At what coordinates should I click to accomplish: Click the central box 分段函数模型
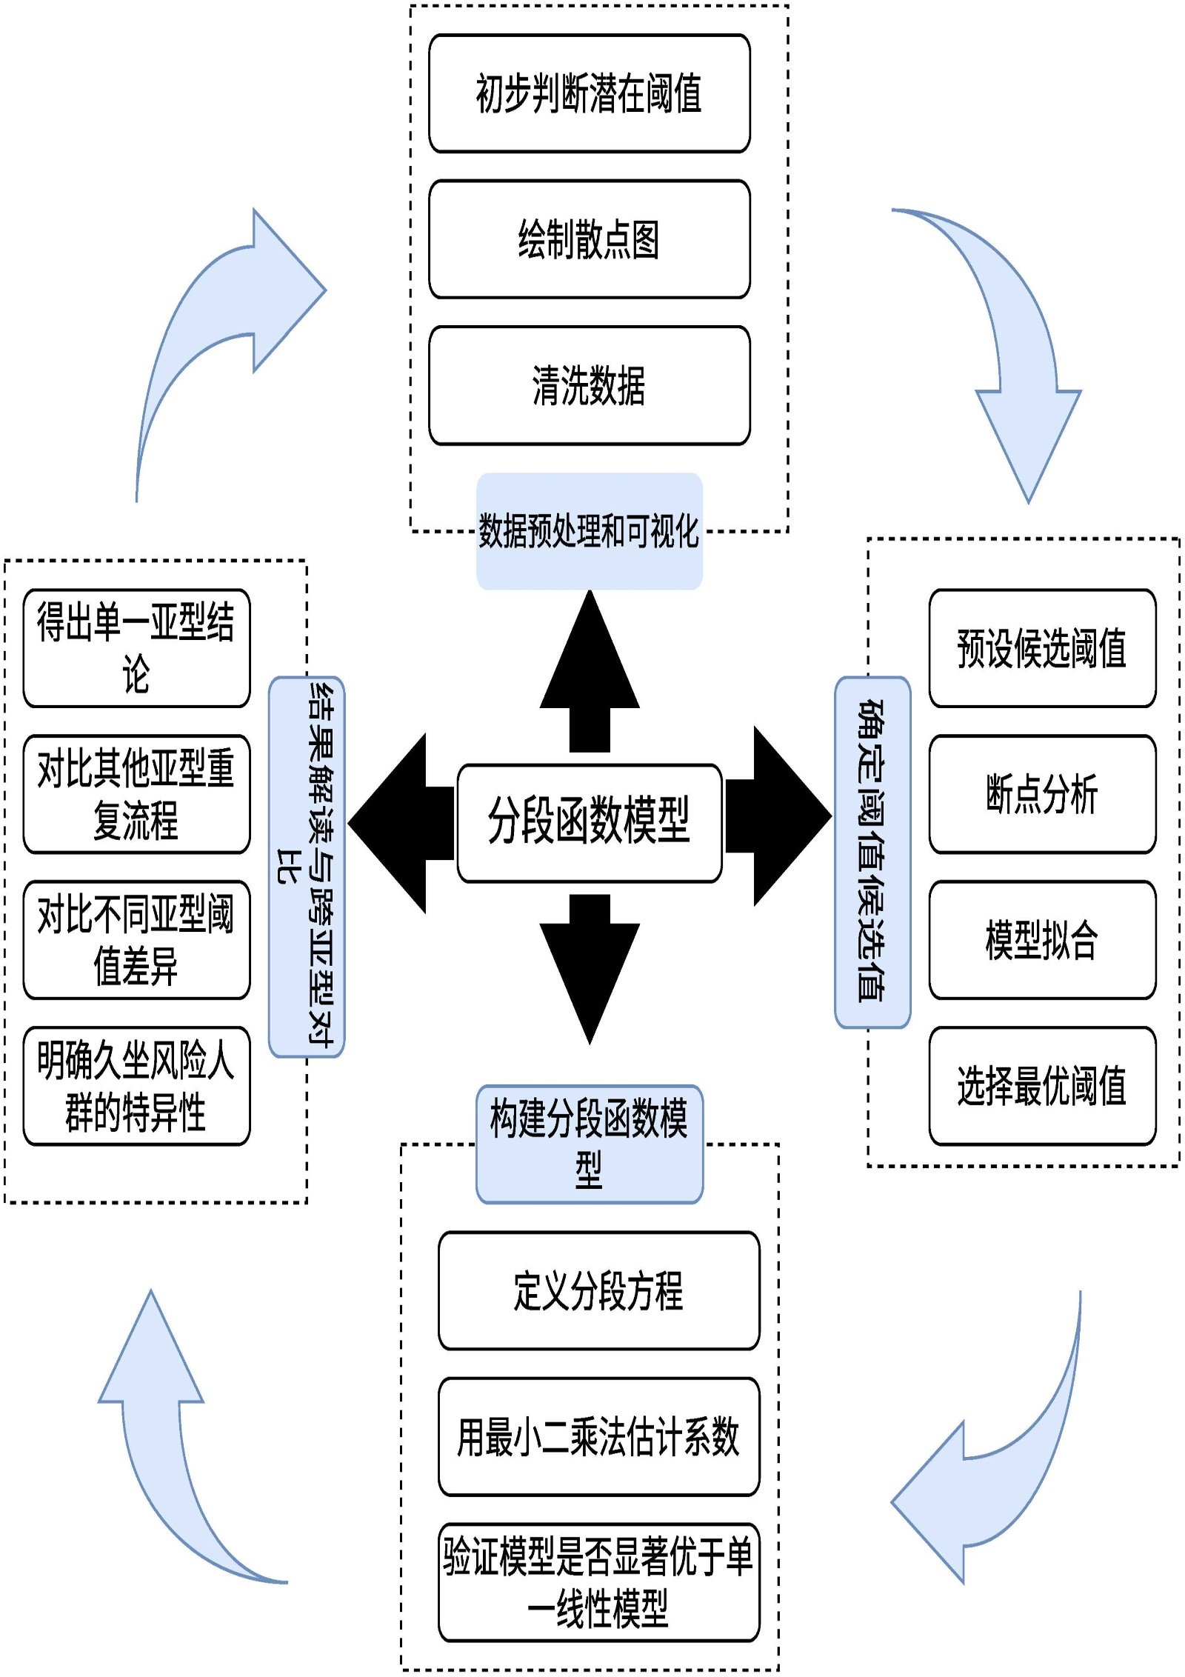click(x=590, y=822)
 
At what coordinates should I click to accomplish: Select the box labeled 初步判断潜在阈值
click(x=590, y=93)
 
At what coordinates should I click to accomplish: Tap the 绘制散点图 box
click(x=590, y=239)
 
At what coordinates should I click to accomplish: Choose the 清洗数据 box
click(x=590, y=385)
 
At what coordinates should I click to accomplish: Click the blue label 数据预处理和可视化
click(x=590, y=531)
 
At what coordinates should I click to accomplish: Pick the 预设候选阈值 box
click(x=1042, y=648)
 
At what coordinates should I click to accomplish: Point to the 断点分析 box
click(x=1042, y=794)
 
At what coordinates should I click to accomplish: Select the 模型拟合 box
click(x=1042, y=940)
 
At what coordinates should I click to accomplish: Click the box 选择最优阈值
click(x=1042, y=1086)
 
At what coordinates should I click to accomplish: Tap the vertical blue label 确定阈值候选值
click(x=872, y=852)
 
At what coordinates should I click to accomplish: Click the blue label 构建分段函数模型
click(x=590, y=1144)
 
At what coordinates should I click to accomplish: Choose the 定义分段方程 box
click(x=598, y=1290)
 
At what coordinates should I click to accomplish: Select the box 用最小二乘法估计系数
click(x=598, y=1436)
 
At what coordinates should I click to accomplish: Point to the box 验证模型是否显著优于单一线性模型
click(x=598, y=1582)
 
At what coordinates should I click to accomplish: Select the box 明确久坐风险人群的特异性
click(x=136, y=1086)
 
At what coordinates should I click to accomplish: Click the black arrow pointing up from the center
click(x=590, y=670)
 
